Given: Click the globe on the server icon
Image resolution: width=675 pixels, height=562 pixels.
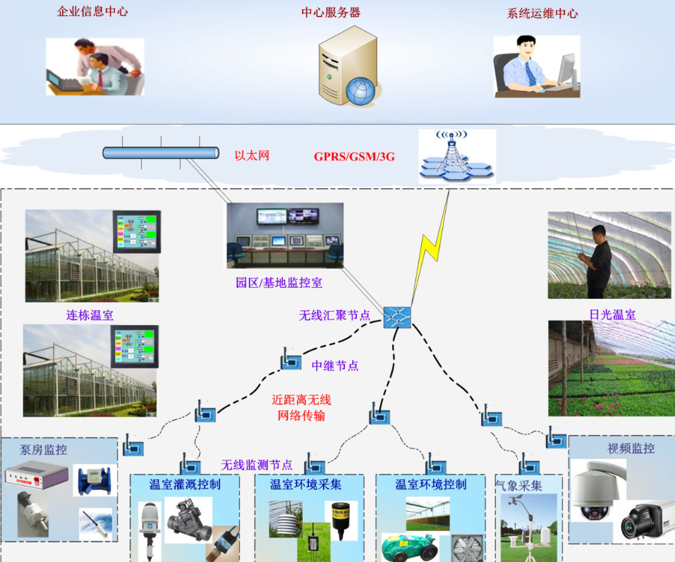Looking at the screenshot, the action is [360, 91].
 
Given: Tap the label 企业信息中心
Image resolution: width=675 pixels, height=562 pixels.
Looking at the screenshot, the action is [92, 11].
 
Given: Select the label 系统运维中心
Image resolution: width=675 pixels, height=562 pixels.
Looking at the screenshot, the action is [542, 13].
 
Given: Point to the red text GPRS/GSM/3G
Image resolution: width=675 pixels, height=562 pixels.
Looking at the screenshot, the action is [354, 157].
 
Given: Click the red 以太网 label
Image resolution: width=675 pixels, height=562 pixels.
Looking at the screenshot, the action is [252, 155].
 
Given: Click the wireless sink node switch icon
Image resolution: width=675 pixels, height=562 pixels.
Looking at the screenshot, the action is [397, 317].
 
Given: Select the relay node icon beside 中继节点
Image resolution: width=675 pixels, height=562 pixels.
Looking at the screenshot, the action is [291, 360].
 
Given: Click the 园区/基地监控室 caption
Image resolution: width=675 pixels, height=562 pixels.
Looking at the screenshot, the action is [279, 283].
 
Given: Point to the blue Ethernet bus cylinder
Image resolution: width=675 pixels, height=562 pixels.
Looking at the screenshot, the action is [161, 153].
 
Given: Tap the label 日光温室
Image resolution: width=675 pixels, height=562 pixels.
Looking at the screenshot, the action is [613, 314].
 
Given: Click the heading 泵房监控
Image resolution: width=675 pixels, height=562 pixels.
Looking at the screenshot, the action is [44, 450].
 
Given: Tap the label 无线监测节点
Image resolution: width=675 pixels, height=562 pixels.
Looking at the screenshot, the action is [257, 465].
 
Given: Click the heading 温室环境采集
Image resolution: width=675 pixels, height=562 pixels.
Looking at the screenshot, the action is [305, 484].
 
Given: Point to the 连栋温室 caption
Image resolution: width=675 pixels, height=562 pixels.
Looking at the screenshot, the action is [90, 315].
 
